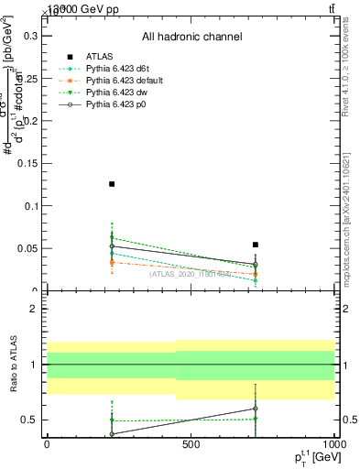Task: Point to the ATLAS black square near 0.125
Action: tap(112, 184)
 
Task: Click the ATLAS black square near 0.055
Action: tap(256, 245)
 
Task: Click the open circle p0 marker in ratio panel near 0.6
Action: tap(256, 409)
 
